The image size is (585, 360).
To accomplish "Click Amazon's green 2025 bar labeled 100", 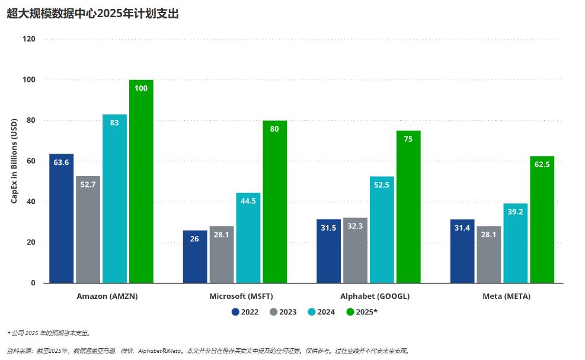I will click(141, 184).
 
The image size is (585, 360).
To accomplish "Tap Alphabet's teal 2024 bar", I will click(382, 231).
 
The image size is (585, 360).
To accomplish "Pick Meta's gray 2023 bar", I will click(488, 255).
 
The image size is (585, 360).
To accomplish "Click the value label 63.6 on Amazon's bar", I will click(61, 162).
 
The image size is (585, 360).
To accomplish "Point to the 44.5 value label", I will click(248, 201).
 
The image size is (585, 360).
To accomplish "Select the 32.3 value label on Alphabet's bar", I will click(355, 226).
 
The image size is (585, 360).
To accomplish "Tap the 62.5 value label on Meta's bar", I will click(542, 164).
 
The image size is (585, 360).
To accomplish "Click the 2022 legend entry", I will click(245, 312).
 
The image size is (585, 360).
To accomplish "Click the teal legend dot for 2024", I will click(312, 312).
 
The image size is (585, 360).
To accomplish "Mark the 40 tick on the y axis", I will click(31, 202).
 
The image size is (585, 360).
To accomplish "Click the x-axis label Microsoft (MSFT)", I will click(241, 296).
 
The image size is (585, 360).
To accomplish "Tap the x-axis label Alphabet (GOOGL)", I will click(375, 296).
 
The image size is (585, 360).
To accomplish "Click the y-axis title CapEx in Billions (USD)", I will click(14, 161).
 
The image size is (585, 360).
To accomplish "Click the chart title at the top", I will click(92, 14).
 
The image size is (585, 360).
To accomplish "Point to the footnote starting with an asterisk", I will click(49, 333).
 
